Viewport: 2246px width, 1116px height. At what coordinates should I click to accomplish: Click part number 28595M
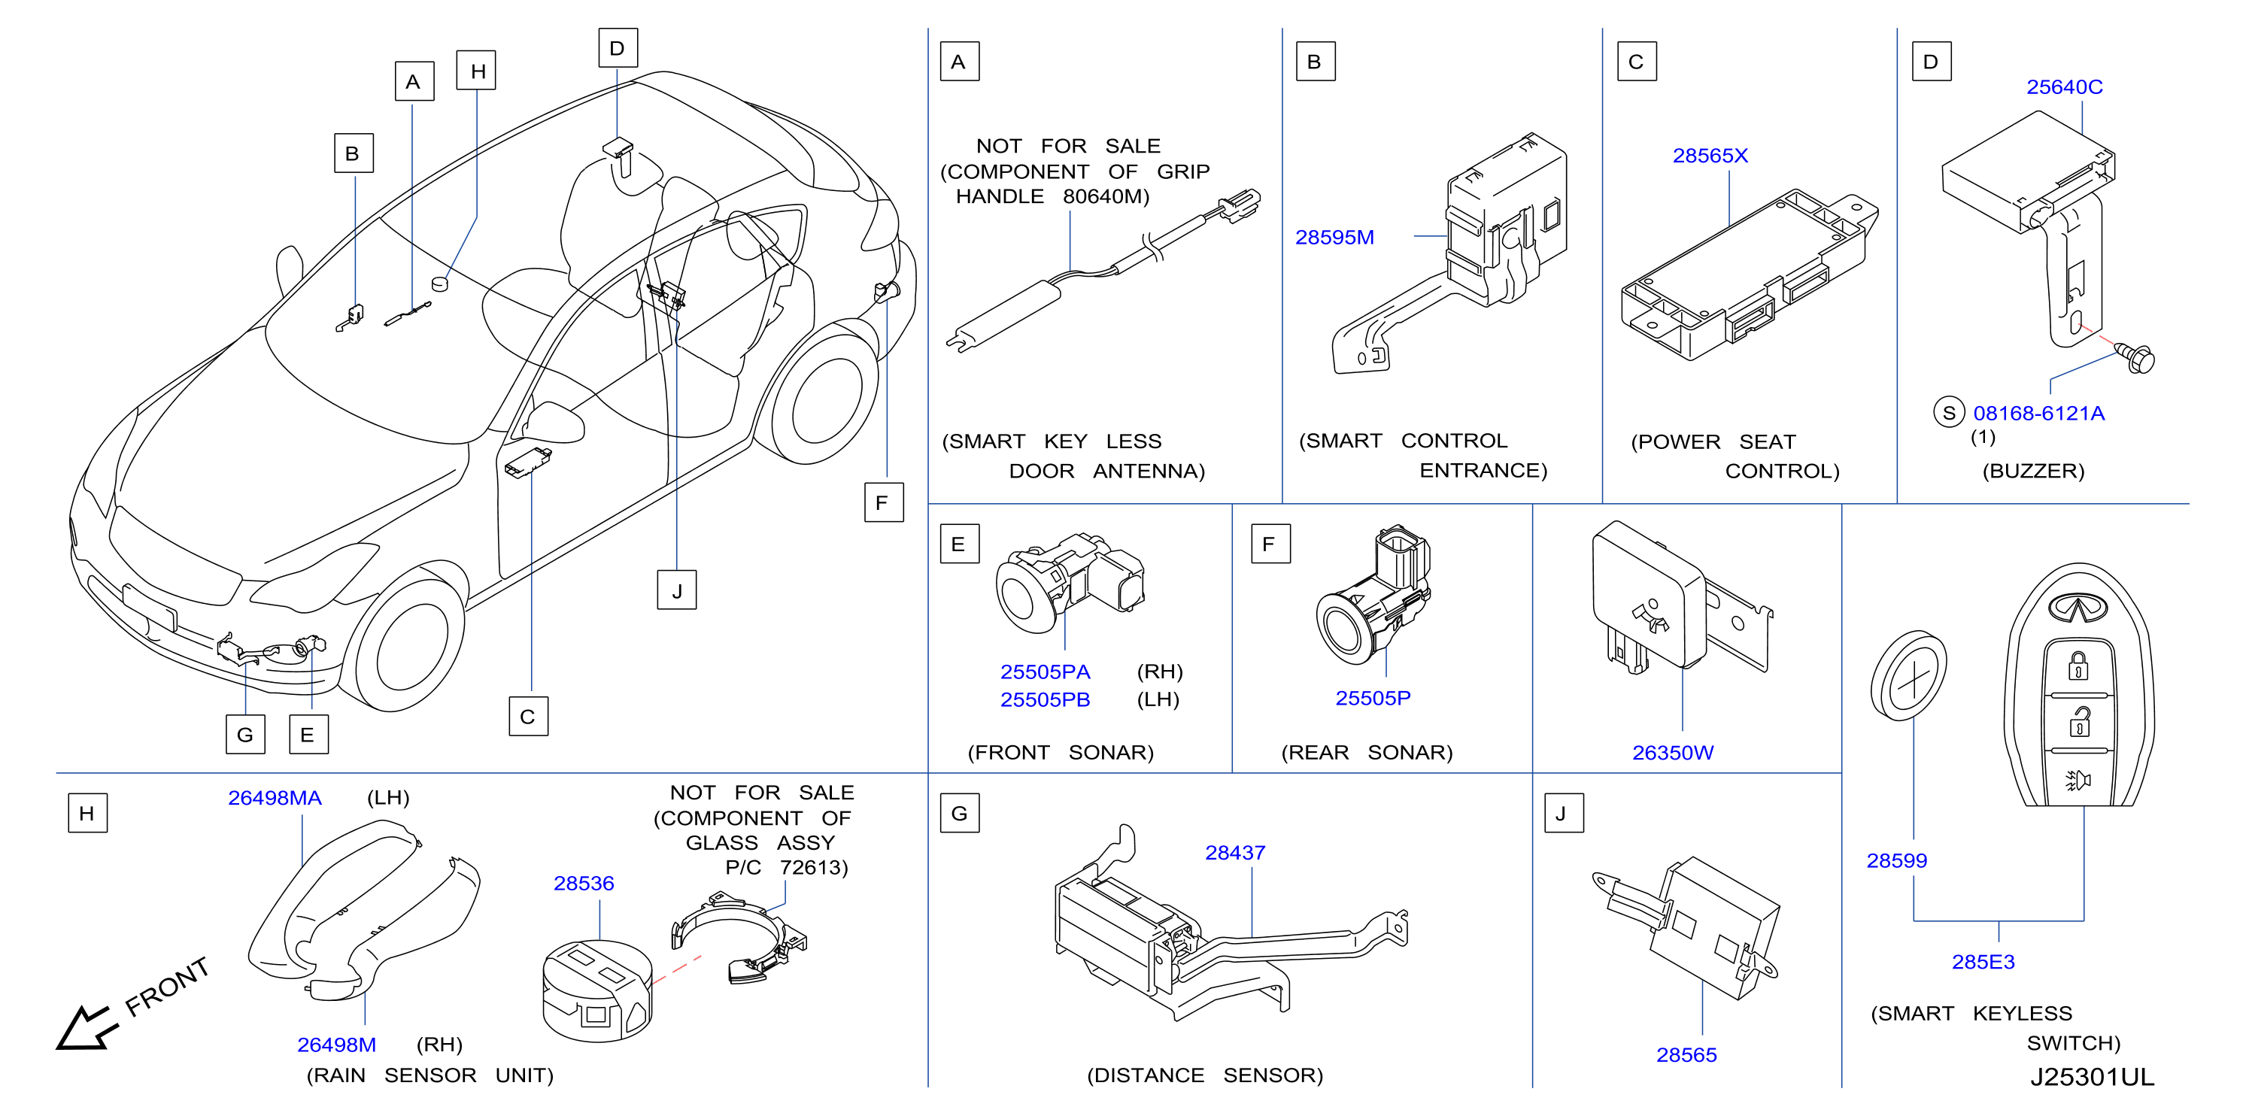point(1334,237)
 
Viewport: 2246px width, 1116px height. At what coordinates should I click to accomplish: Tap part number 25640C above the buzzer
point(2064,87)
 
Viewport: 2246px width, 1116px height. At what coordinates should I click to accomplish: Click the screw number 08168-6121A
point(2038,414)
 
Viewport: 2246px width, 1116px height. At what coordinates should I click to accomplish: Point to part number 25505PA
point(1045,672)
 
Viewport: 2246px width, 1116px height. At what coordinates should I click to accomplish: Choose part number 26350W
point(1672,753)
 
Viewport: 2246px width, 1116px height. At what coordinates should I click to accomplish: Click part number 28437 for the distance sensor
point(1234,853)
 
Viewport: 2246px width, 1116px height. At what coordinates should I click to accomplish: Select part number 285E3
point(1983,962)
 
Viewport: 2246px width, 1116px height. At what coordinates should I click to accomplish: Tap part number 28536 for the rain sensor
point(583,883)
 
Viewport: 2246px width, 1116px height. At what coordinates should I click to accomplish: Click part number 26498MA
point(275,798)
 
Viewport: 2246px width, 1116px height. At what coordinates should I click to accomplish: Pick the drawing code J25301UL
point(2092,1077)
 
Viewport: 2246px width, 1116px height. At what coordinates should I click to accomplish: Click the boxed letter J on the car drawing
point(677,590)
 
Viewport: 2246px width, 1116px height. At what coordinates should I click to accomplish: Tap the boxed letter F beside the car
point(883,502)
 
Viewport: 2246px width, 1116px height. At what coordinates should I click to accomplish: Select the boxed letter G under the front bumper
point(245,734)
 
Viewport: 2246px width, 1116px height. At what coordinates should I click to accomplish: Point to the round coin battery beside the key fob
point(1908,677)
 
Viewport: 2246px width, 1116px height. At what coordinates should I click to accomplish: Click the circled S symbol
point(1949,412)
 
